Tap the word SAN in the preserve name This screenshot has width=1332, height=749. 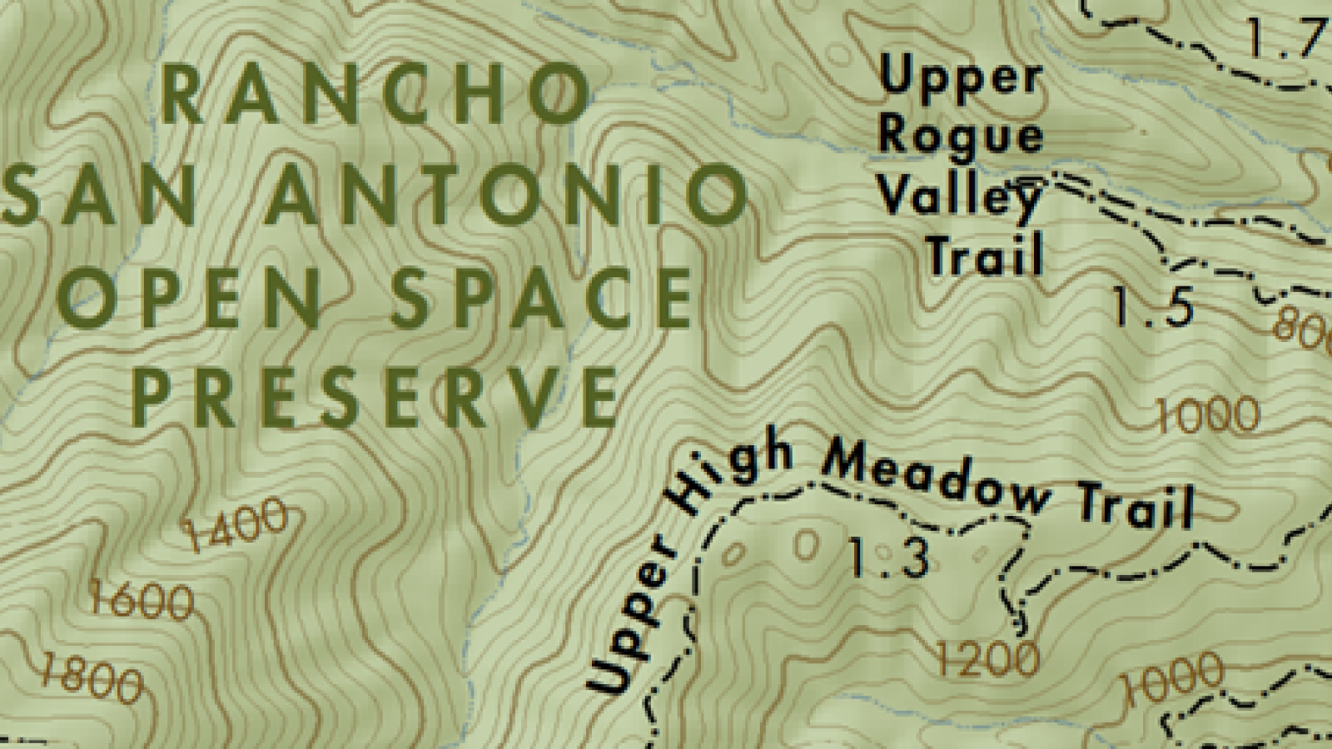click(x=100, y=196)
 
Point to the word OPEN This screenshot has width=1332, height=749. click(x=190, y=298)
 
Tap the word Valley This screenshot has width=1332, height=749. click(x=959, y=197)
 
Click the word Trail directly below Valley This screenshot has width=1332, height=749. click(x=985, y=255)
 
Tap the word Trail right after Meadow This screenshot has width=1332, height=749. click(x=1137, y=503)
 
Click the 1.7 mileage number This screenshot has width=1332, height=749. click(x=1286, y=37)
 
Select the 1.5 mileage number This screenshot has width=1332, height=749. click(x=1154, y=306)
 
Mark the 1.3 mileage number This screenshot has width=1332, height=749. click(x=888, y=558)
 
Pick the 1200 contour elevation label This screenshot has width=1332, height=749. click(x=988, y=660)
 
